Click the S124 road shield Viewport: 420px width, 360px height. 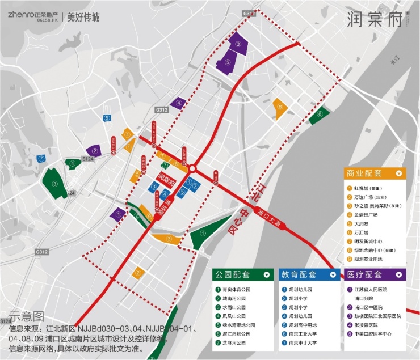87,160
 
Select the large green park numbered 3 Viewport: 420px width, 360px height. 55,183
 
